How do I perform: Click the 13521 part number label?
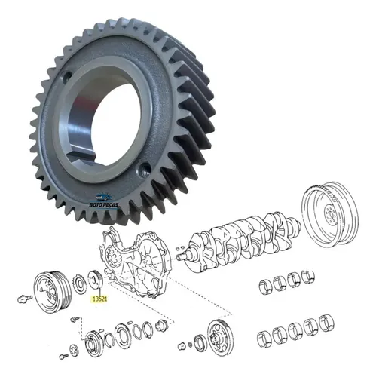[99, 299]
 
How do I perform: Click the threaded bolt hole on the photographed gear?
[144, 167]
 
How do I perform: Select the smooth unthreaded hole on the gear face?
[66, 76]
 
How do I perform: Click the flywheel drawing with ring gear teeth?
[330, 213]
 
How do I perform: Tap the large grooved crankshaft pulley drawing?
[51, 292]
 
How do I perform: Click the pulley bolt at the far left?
[24, 299]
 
